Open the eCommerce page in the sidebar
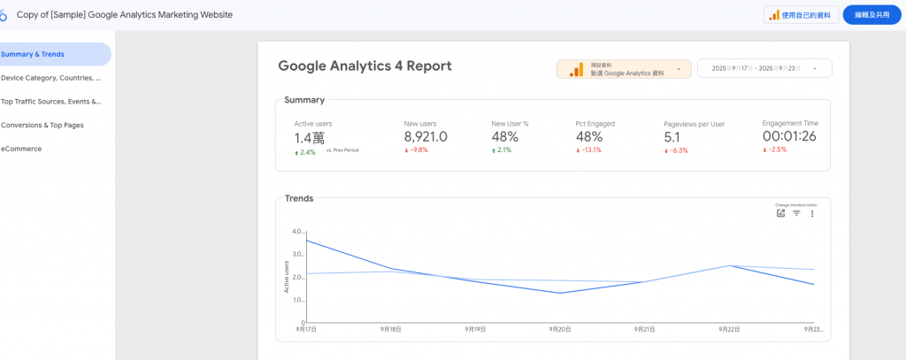[21, 149]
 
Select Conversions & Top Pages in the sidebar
[42, 125]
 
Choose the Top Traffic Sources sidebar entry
[51, 102]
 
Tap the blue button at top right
[871, 15]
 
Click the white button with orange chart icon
[801, 15]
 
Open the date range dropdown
[764, 68]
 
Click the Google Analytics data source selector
[624, 69]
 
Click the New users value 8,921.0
[426, 137]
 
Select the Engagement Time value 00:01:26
[789, 137]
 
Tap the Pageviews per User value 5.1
[672, 137]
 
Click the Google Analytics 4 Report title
[365, 65]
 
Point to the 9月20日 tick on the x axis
[560, 328]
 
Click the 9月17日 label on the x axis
[306, 328]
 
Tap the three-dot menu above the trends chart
[812, 213]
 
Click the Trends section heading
[299, 198]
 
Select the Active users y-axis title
[287, 277]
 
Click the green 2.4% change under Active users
[306, 152]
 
